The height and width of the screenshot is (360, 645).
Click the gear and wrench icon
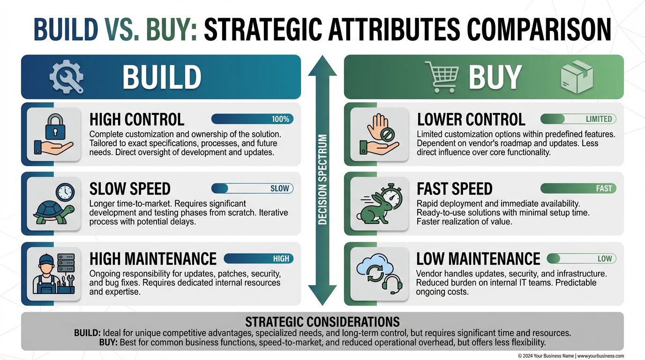67,76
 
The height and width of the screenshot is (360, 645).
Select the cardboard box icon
577,77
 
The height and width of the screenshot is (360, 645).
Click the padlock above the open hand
55,127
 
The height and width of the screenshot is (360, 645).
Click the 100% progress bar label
280,119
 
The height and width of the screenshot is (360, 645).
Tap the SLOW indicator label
279,188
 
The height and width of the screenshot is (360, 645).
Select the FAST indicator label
604,188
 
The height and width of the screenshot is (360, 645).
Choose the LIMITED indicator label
599,119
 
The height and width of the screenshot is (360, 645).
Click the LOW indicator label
605,259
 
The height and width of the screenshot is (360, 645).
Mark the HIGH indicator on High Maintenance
281,259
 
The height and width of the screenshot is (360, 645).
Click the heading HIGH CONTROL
137,120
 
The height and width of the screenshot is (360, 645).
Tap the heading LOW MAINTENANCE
478,259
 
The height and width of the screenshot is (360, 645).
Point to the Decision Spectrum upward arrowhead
322,66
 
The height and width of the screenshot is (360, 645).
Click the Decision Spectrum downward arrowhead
322,295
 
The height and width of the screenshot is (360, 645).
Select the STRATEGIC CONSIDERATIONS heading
322,322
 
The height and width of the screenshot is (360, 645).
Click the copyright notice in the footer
571,356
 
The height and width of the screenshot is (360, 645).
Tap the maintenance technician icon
53,274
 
